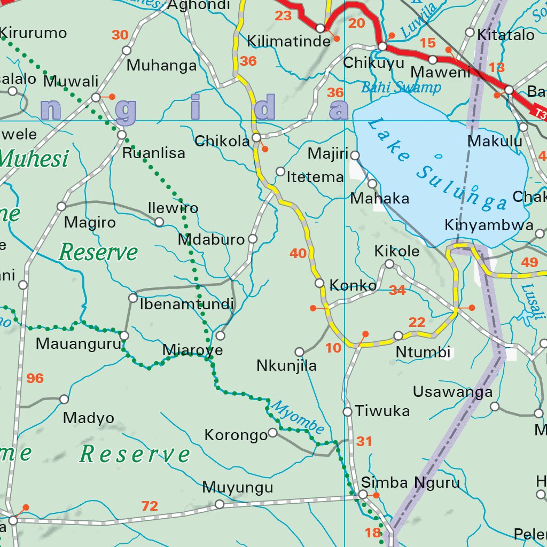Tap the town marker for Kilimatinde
click(x=320, y=28)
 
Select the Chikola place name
click(x=222, y=142)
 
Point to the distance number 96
click(x=35, y=379)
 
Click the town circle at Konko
click(x=319, y=283)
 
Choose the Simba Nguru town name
click(x=410, y=483)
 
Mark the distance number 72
click(x=150, y=506)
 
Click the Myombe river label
click(x=298, y=417)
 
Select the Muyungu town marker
click(x=219, y=504)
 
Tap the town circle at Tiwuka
click(x=347, y=412)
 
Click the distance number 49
click(x=529, y=262)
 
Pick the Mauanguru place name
click(x=79, y=343)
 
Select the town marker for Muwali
click(x=96, y=97)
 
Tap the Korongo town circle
click(x=272, y=432)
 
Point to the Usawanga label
click(x=452, y=392)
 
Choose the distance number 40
click(x=298, y=253)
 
